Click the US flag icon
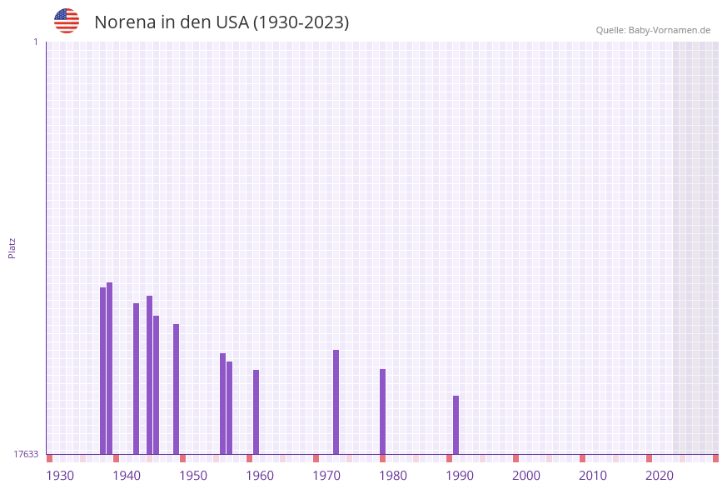[67, 21]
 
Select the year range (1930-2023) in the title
[301, 22]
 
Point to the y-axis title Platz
[12, 247]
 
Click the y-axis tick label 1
[35, 42]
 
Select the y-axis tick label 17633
[26, 454]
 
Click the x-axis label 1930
[60, 476]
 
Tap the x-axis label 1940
[127, 476]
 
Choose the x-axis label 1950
[193, 476]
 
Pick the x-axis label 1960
[260, 476]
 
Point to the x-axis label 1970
[326, 476]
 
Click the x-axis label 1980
[393, 476]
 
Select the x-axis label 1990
[460, 476]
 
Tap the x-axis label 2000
[526, 476]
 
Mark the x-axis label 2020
[660, 476]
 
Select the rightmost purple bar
[456, 425]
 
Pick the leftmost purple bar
[102, 371]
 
